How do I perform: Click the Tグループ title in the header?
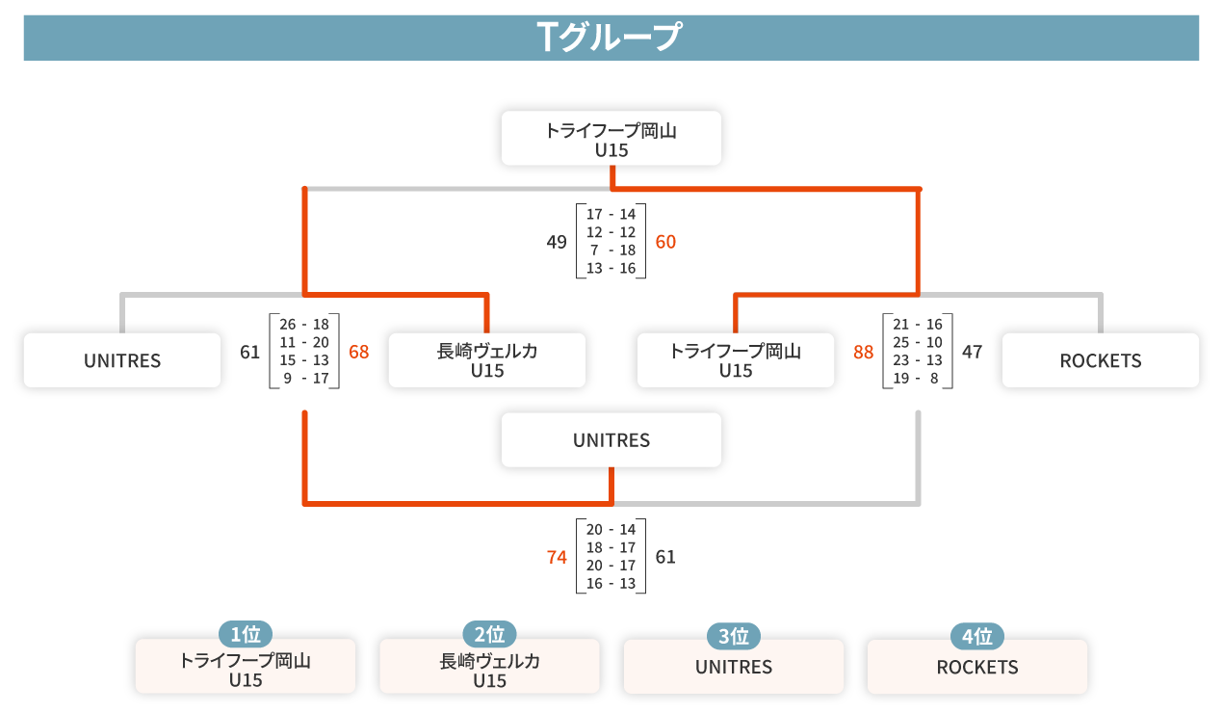610,38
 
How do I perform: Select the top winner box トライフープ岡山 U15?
611,138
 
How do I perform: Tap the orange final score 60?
665,242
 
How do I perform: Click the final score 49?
557,242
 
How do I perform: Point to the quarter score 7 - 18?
611,251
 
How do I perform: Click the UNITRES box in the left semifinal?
122,360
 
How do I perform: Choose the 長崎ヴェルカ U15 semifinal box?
487,360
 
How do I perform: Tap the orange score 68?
358,352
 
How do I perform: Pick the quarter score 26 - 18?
304,325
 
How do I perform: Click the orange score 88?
863,352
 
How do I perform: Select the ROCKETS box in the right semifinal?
1101,360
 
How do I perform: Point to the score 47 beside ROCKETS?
972,352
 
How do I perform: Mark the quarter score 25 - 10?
918,343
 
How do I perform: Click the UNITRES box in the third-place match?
611,439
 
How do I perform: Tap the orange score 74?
557,557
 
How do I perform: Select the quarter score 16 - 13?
611,584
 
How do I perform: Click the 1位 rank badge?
246,634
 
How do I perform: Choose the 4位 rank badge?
977,636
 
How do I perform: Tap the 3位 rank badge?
733,636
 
